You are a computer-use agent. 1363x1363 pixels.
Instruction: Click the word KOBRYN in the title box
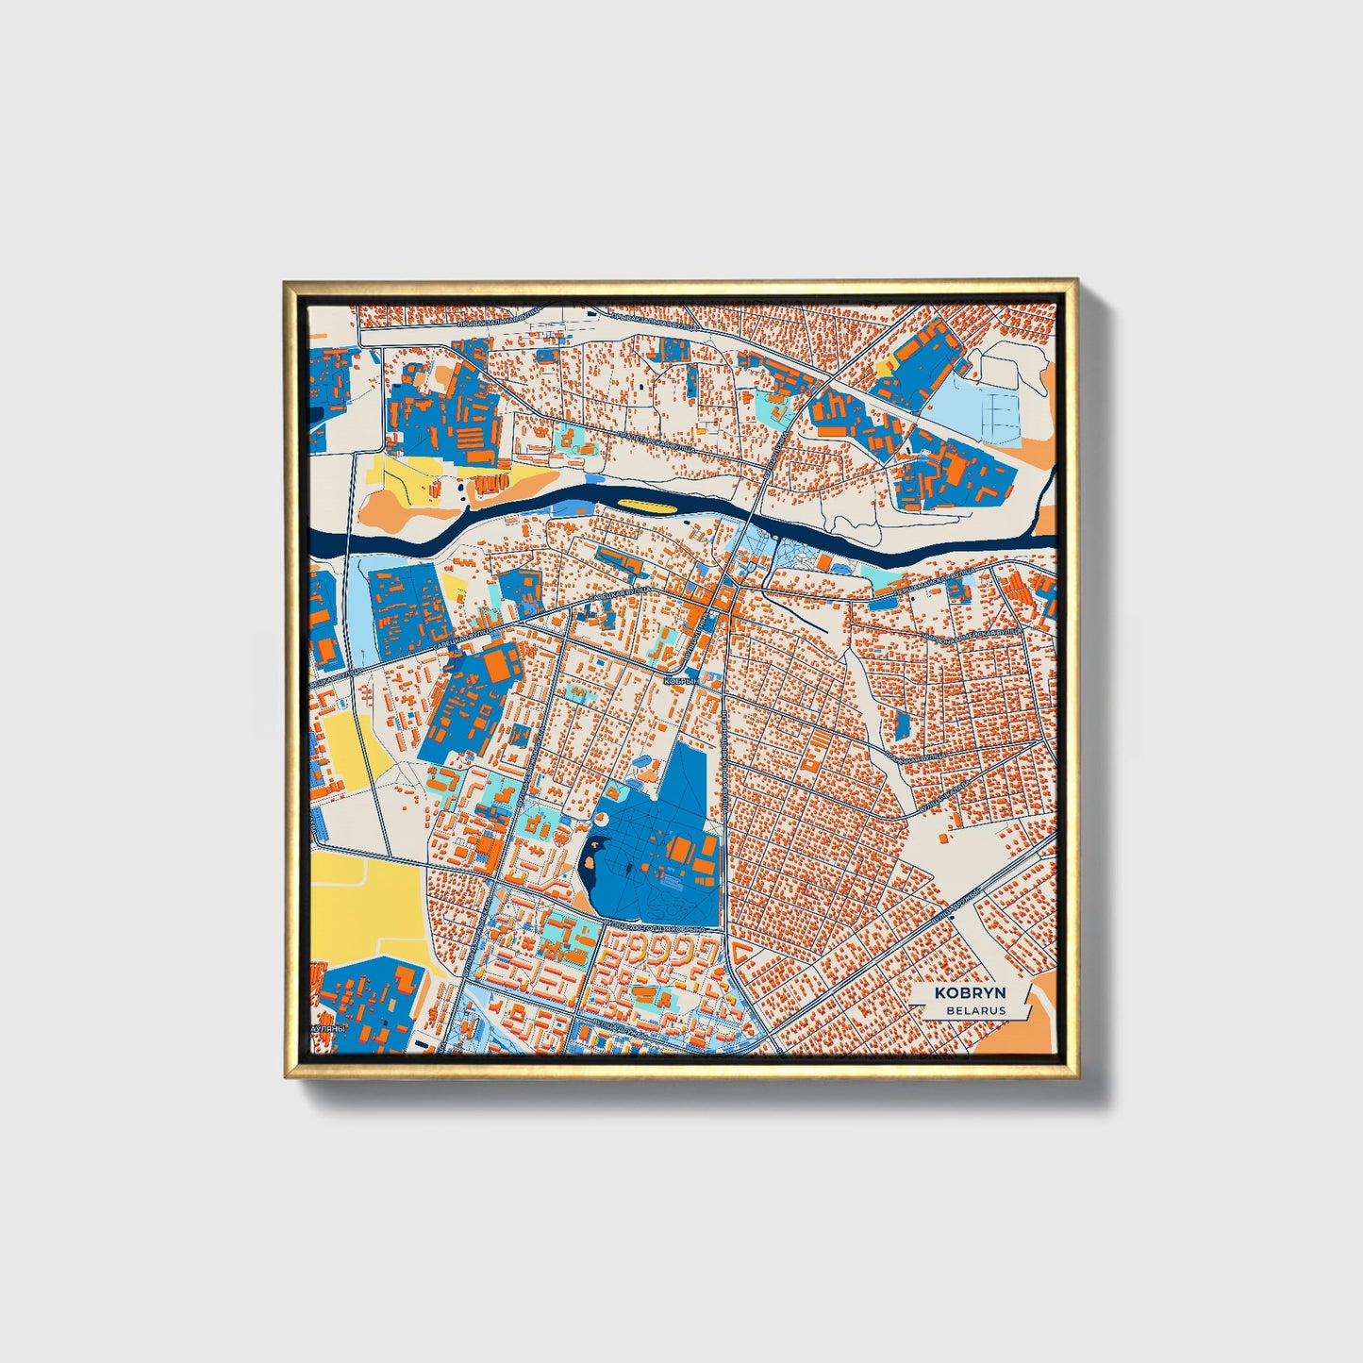pyautogui.click(x=970, y=993)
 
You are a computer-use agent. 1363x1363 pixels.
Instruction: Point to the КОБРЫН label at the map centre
pyautogui.click(x=681, y=680)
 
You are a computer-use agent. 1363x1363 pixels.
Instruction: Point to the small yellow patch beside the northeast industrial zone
pyautogui.click(x=885, y=366)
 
